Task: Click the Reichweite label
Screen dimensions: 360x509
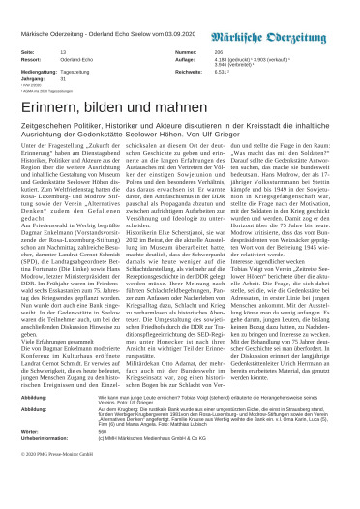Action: [x=191, y=71]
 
